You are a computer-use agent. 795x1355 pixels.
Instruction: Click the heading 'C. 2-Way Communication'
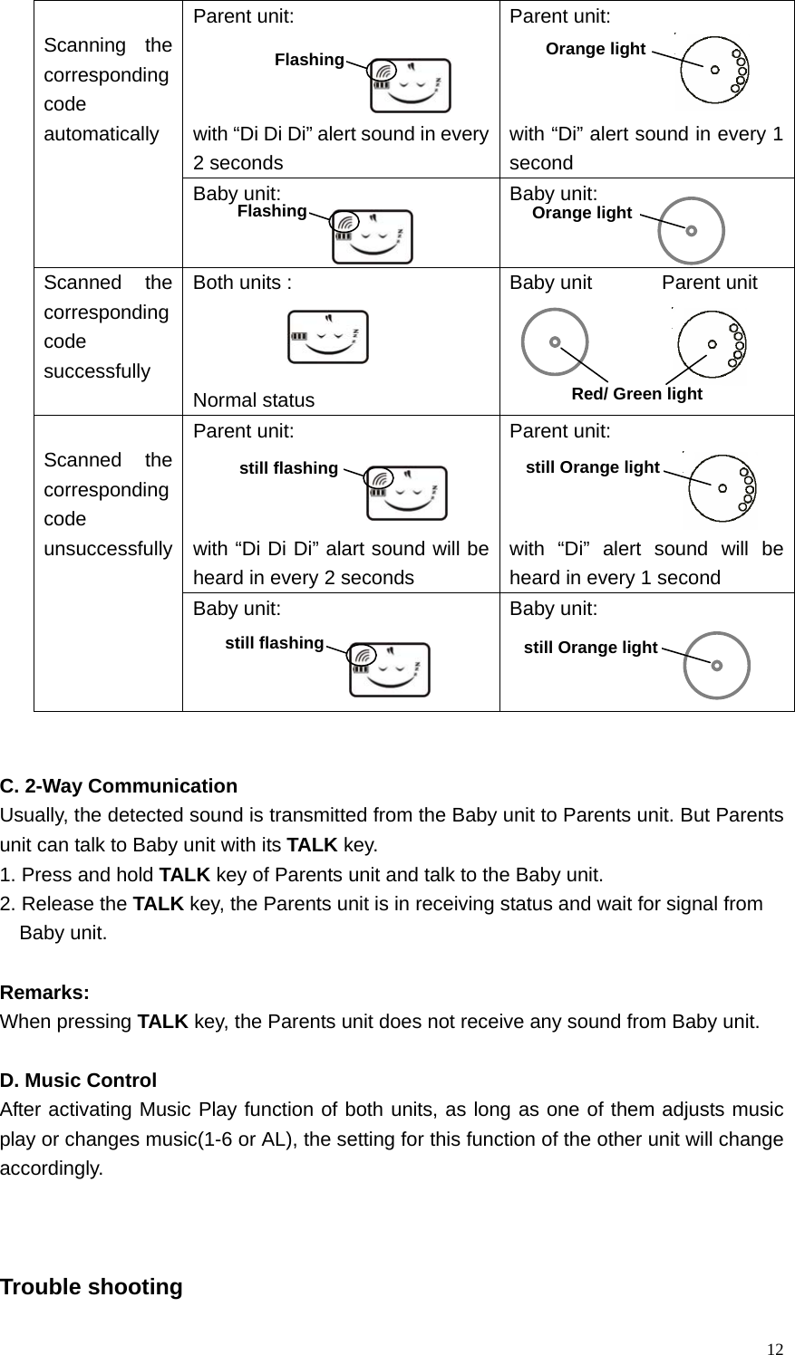click(x=119, y=785)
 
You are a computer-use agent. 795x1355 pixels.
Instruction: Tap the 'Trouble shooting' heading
click(x=92, y=1286)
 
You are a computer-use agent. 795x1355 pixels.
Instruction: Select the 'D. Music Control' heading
click(x=79, y=1080)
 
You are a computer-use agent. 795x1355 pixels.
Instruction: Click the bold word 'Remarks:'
click(x=44, y=992)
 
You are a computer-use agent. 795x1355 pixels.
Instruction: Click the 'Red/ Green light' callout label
click(x=637, y=394)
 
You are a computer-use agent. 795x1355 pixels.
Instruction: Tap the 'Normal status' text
click(x=254, y=400)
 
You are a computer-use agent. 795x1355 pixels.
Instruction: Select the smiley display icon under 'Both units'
click(x=328, y=337)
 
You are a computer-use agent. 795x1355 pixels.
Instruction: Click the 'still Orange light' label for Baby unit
click(x=591, y=648)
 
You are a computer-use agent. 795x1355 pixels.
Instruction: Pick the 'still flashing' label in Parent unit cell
click(x=288, y=468)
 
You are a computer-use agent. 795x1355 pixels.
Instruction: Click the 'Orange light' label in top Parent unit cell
click(x=596, y=49)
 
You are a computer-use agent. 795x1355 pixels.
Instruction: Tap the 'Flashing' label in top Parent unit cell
click(x=309, y=60)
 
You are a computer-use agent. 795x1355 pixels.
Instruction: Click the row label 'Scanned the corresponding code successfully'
click(x=108, y=326)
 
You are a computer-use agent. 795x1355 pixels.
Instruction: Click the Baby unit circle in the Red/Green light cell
click(x=555, y=342)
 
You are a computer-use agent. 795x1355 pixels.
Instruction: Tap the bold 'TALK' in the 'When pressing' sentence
click(x=162, y=1022)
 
